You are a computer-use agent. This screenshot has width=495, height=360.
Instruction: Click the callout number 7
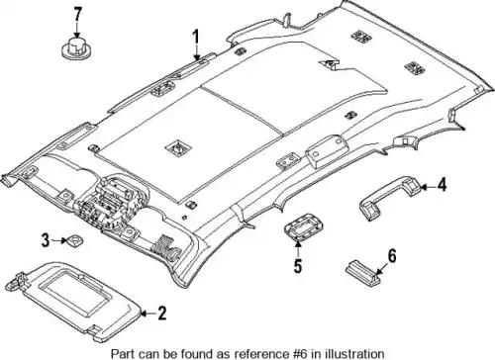coord(77,15)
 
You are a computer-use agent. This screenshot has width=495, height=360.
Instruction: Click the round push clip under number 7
coord(76,50)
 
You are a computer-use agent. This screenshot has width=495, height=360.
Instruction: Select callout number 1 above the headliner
coord(196,38)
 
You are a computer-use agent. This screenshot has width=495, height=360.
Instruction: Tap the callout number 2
coord(161,313)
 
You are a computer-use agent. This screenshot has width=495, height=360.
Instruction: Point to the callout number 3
coord(46,240)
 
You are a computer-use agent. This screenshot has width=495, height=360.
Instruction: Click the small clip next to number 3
coord(75,240)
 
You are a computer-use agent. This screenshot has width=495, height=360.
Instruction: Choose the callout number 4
coord(442,185)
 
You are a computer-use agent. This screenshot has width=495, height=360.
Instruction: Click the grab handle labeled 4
coord(389,195)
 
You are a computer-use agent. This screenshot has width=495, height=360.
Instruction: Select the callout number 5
coord(298,266)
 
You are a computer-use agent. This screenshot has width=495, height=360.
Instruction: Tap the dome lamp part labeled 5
coord(304,227)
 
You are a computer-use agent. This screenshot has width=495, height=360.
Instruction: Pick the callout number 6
coord(391,255)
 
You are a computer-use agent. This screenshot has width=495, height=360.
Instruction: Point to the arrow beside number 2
coord(148,314)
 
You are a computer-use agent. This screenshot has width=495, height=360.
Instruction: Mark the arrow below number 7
coord(77,31)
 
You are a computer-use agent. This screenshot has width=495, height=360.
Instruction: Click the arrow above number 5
coord(298,249)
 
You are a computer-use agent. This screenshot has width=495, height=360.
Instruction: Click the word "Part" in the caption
coord(121,353)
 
